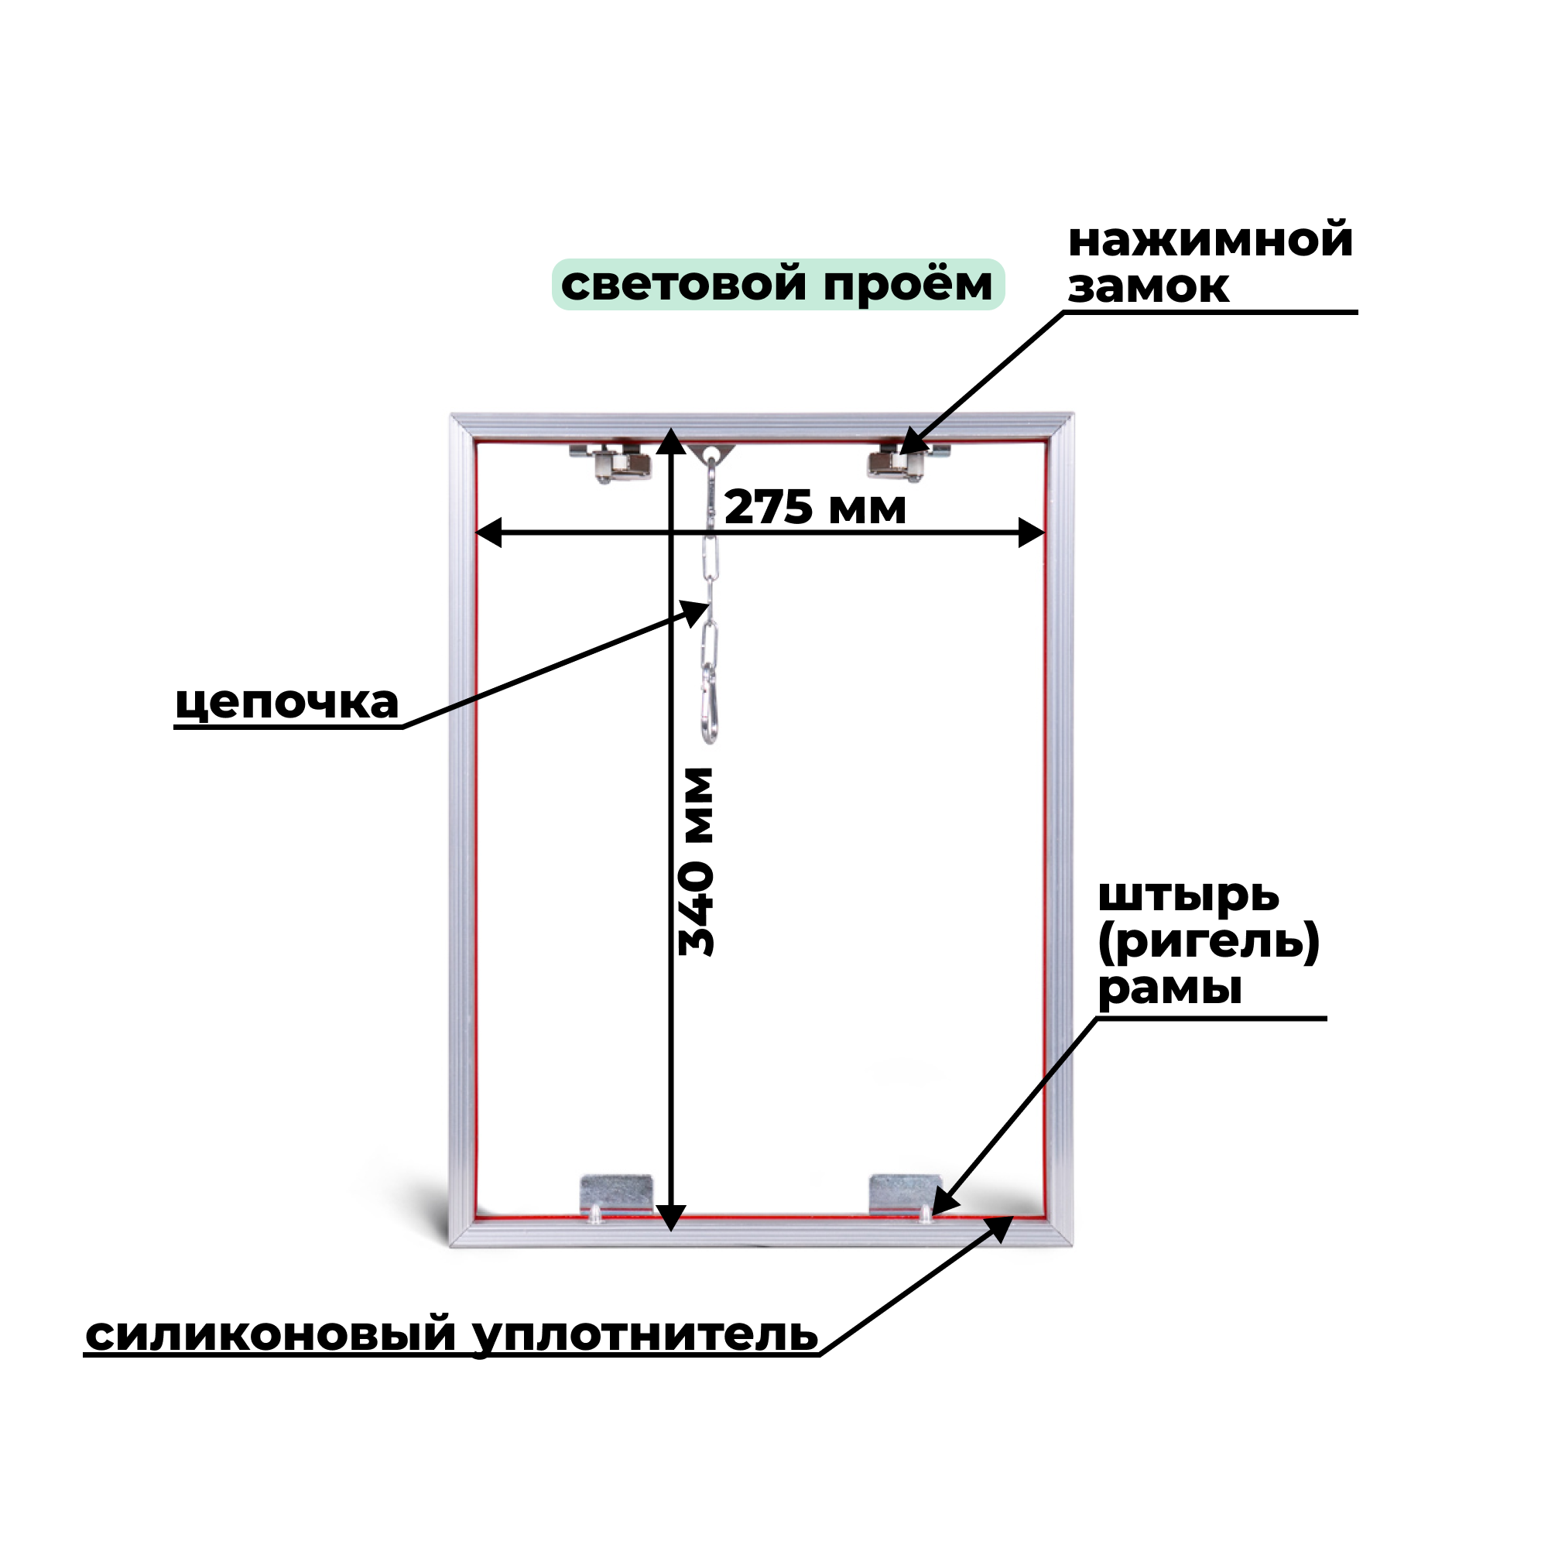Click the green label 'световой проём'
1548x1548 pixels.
[x=777, y=284]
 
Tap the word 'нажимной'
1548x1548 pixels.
[x=1211, y=240]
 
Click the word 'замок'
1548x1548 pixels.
[x=1147, y=286]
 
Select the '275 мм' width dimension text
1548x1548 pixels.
[x=815, y=507]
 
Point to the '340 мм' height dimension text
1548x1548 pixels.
[x=696, y=861]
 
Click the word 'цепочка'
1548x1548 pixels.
[x=287, y=703]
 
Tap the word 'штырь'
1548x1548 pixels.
[x=1188, y=896]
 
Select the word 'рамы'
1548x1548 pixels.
[x=1169, y=988]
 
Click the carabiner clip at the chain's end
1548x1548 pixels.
[x=709, y=709]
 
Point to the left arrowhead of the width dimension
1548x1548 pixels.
[x=488, y=532]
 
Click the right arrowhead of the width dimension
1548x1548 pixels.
[x=1031, y=532]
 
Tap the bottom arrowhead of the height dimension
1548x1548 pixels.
[x=671, y=1218]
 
